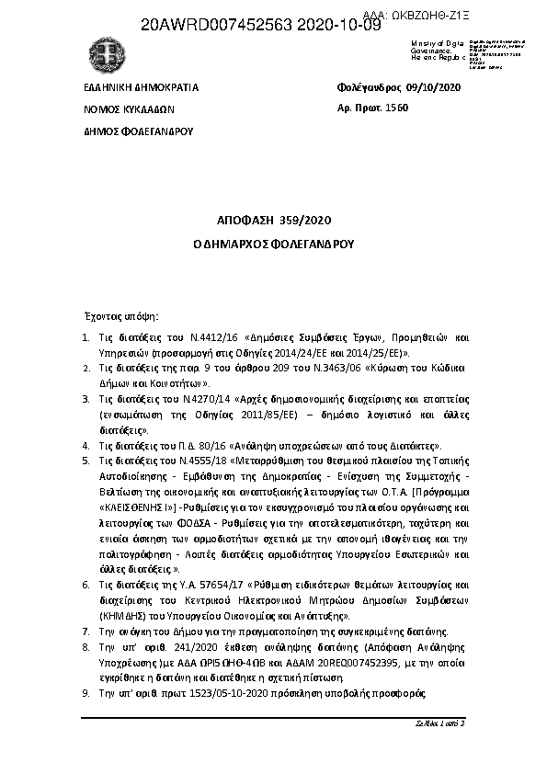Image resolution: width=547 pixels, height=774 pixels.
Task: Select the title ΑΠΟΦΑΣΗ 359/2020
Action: pyautogui.click(x=273, y=221)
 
